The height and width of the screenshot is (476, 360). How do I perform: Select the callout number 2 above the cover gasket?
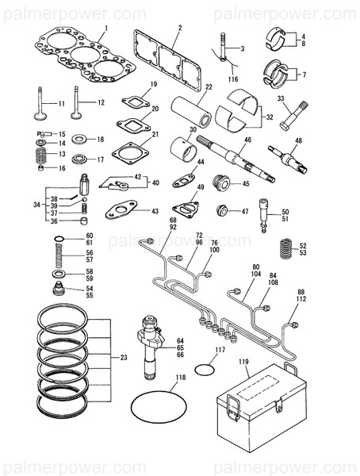coord(179,28)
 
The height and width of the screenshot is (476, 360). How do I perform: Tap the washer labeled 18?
coord(79,140)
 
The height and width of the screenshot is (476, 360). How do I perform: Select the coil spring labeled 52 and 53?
coord(287,250)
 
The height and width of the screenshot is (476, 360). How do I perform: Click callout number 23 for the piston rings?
coord(123,358)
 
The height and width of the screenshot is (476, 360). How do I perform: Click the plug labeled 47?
coord(225,212)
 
